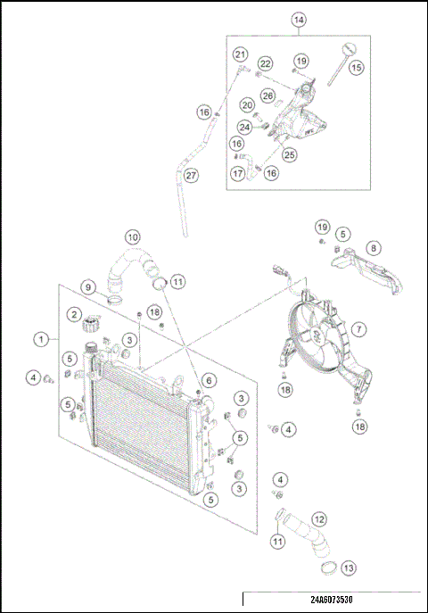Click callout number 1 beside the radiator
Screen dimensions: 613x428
[41, 339]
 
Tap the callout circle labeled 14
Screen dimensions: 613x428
[298, 19]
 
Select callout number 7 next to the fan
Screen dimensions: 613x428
[358, 329]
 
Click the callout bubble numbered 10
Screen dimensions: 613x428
[132, 237]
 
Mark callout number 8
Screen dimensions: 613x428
[374, 247]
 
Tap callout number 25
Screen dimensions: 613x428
[289, 154]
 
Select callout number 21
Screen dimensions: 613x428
[240, 55]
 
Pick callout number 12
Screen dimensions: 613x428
[318, 518]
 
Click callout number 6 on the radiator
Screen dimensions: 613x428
[207, 380]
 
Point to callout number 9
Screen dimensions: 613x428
[88, 286]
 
